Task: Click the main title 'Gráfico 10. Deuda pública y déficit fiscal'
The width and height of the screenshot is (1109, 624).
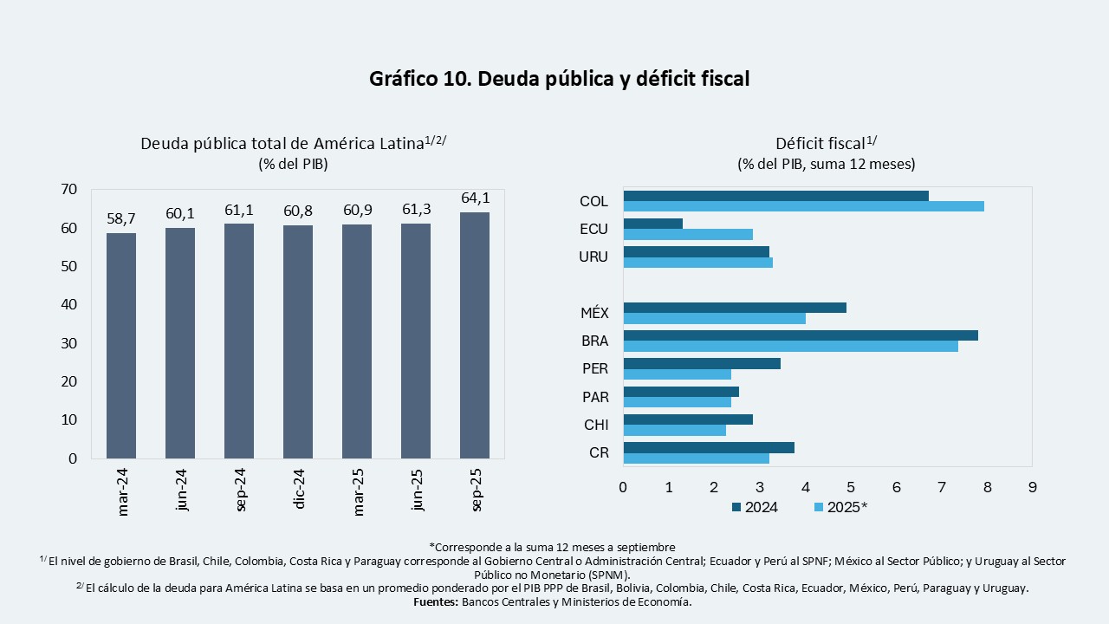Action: pos(559,79)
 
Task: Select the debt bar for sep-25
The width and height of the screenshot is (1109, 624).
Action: pos(475,335)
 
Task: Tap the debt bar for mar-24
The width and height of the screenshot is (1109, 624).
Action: pos(121,345)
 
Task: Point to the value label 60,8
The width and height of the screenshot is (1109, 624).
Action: pos(298,211)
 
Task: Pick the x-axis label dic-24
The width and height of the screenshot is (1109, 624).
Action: pos(299,491)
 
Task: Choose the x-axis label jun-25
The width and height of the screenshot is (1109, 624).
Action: pos(417,491)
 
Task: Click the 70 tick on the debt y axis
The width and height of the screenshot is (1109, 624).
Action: pos(69,190)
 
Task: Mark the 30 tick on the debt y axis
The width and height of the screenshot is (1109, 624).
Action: pos(69,343)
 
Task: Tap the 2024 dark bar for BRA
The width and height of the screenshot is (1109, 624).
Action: pos(801,335)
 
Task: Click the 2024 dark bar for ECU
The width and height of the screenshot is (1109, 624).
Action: pos(653,224)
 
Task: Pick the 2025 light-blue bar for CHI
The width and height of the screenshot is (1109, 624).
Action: pos(675,430)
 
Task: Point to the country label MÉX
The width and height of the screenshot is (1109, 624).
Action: pos(593,313)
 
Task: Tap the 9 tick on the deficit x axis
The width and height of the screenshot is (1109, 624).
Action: pos(1032,487)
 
